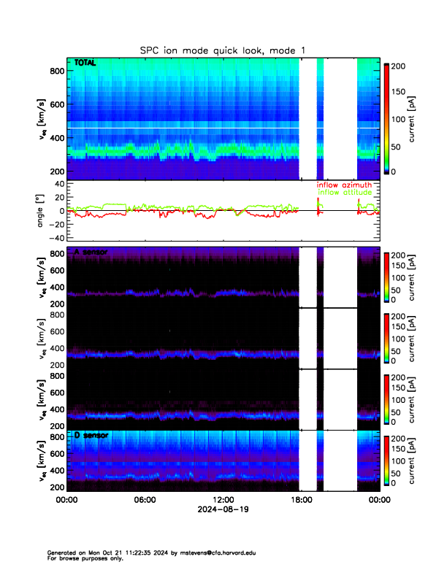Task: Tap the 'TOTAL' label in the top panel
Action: coord(85,64)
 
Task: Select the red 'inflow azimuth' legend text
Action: coord(344,185)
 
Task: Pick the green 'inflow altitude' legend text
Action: coord(344,193)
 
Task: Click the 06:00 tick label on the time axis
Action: coord(145,500)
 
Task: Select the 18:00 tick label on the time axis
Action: coord(300,500)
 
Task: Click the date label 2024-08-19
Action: coord(223,509)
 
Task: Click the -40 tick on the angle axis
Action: coord(56,238)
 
